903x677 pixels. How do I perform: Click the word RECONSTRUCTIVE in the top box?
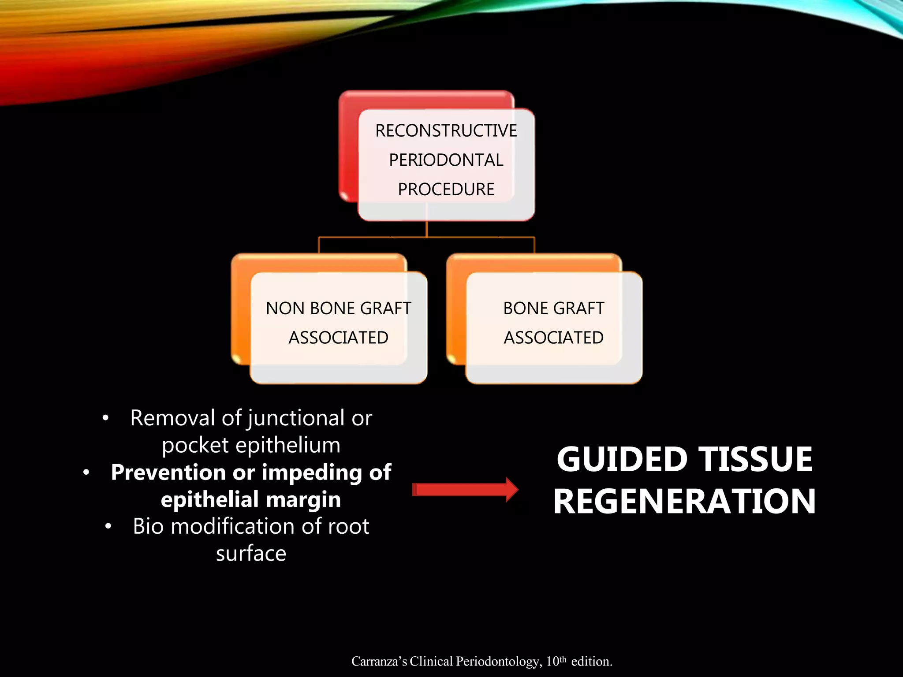446,130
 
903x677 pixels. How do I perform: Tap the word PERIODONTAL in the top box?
446,160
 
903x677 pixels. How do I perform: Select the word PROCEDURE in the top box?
446,190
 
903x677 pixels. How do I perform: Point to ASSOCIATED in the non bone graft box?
338,338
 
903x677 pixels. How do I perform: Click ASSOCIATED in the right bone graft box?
553,338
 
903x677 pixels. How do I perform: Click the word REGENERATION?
684,502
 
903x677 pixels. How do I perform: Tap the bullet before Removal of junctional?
105,418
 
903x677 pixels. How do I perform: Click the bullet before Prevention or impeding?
86,473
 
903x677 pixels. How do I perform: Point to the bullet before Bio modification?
108,527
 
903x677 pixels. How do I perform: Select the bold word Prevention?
168,472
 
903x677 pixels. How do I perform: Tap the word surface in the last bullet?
251,554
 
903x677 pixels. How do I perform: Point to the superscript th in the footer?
563,659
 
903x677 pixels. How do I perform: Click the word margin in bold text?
303,500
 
